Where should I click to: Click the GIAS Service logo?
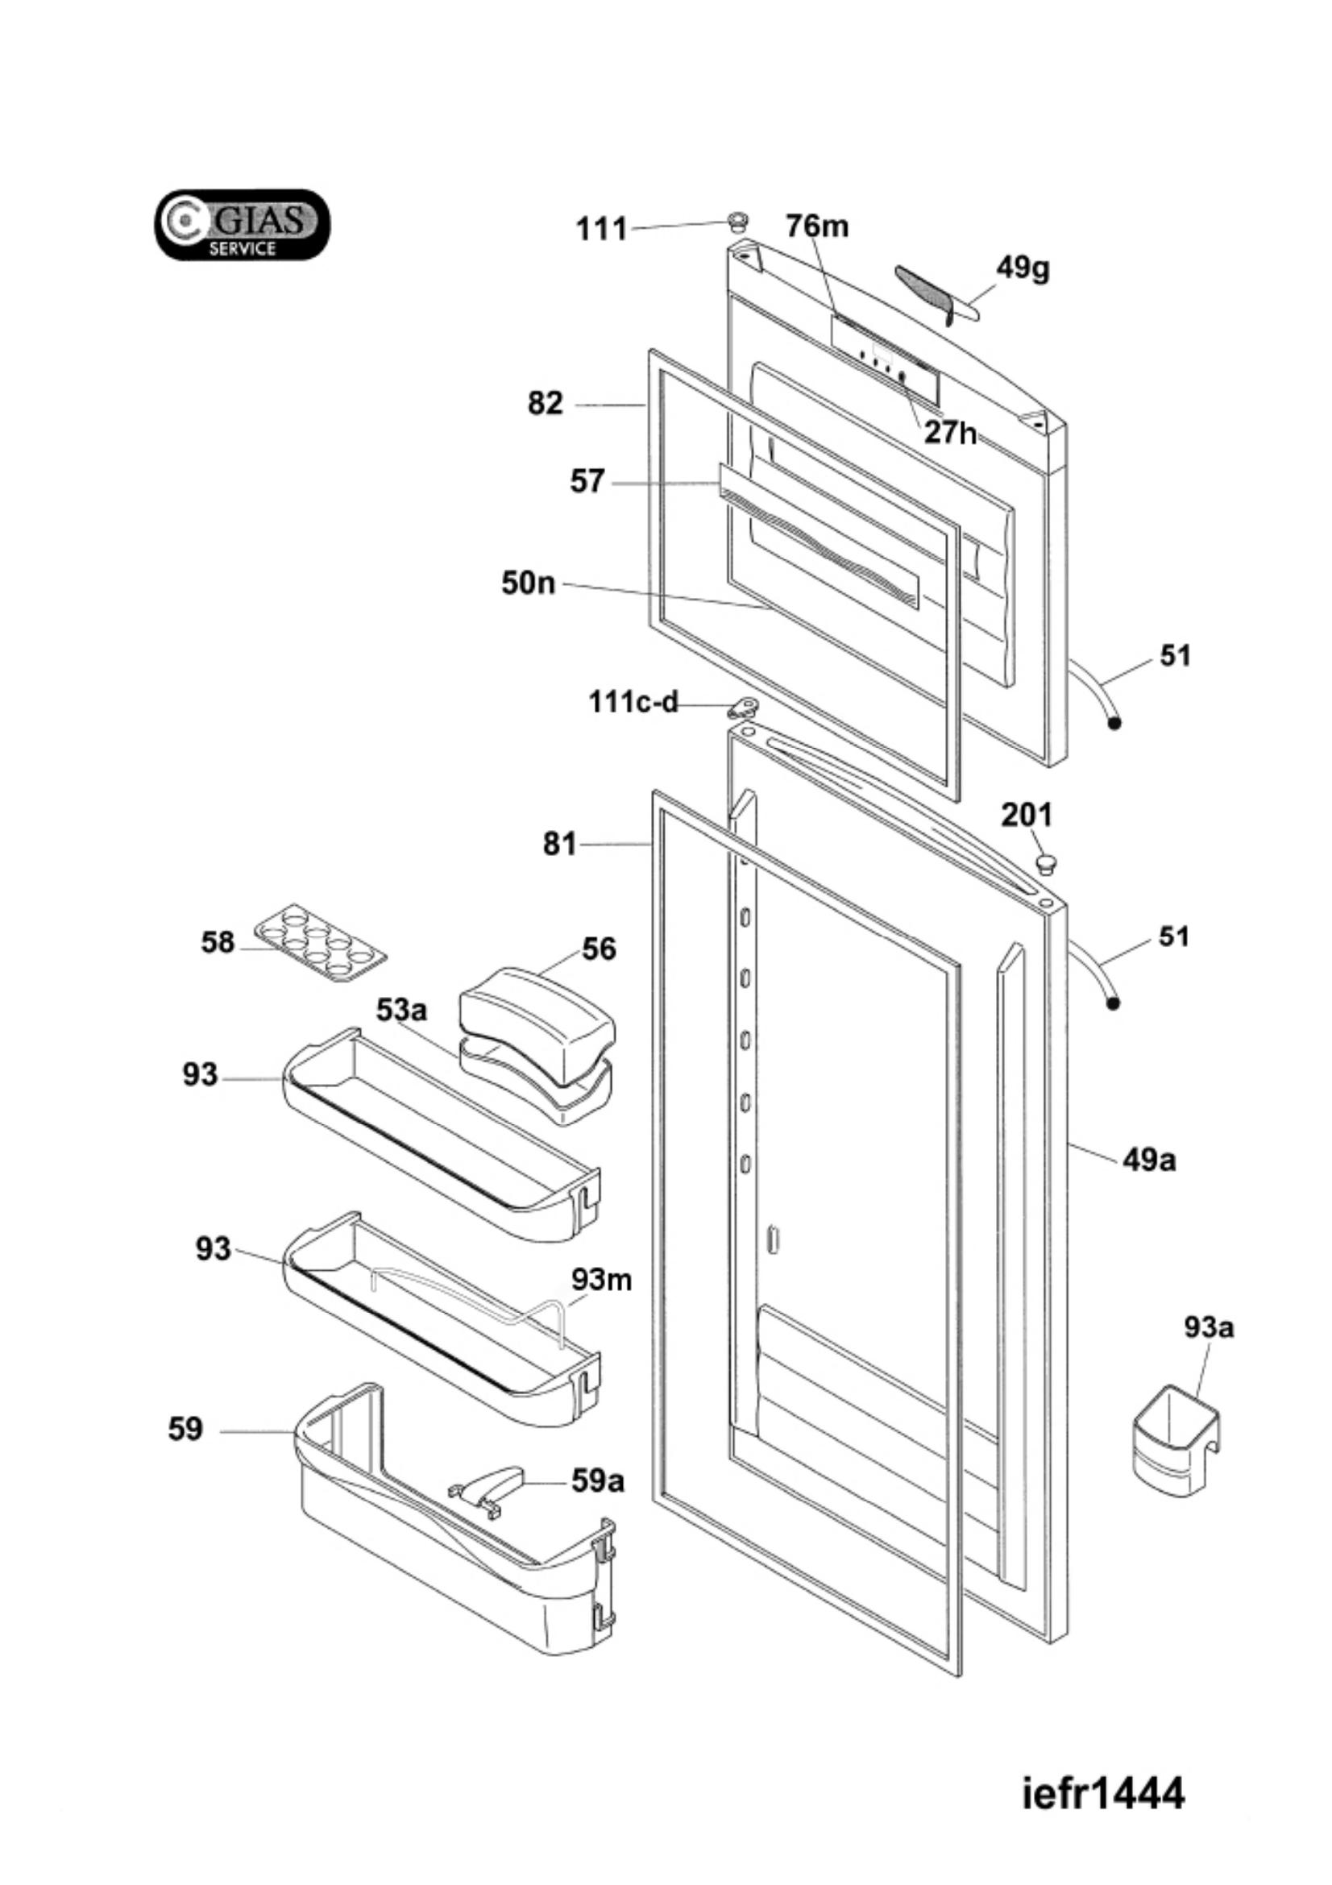point(243,225)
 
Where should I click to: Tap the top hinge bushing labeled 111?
point(738,219)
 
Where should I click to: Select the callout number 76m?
point(816,226)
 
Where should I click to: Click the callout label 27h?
point(950,432)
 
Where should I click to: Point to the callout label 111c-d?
point(633,702)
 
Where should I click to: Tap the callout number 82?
point(546,403)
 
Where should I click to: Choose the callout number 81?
point(560,843)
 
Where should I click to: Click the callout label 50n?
point(529,583)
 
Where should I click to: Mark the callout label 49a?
point(1149,1159)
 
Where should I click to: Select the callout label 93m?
point(602,1279)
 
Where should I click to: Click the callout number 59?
point(185,1430)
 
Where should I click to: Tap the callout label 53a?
point(402,1010)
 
